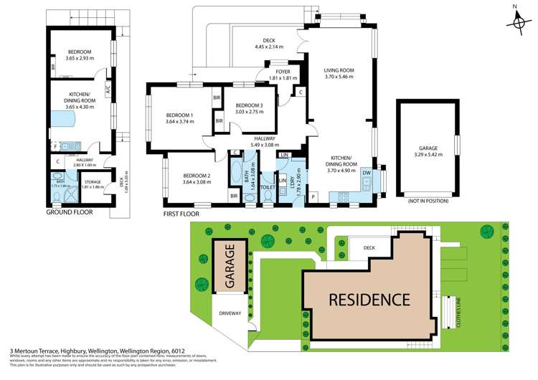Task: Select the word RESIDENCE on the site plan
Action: click(369, 300)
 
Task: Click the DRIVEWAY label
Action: click(230, 313)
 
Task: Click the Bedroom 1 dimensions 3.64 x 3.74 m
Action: click(179, 122)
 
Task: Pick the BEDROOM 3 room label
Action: click(249, 105)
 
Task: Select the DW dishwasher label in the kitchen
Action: click(367, 173)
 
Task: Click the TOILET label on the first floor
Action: click(268, 187)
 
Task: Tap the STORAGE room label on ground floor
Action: click(93, 182)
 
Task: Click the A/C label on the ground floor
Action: click(107, 90)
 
